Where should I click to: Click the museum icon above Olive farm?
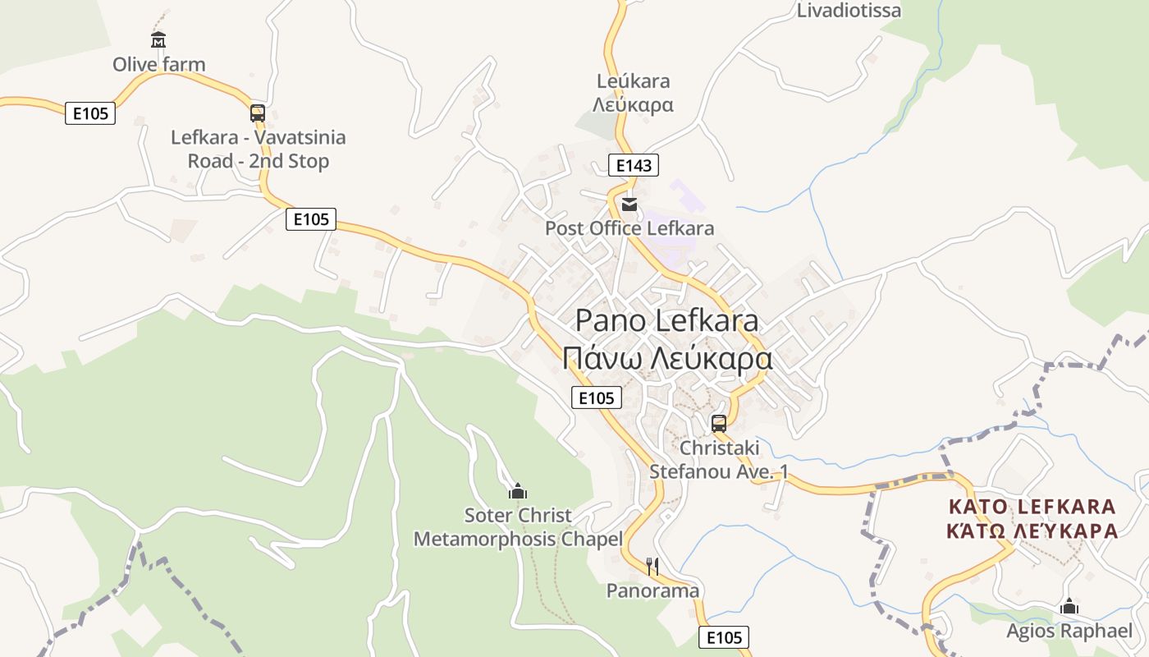(x=158, y=39)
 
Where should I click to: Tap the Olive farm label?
(x=159, y=64)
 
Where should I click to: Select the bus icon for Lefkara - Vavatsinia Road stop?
(x=258, y=113)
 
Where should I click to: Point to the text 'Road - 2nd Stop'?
(x=258, y=161)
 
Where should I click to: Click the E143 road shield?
(x=634, y=165)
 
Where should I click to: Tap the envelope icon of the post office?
(x=629, y=204)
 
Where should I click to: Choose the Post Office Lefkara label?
(x=629, y=228)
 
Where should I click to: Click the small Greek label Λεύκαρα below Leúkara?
(x=633, y=105)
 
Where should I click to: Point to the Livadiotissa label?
(x=849, y=11)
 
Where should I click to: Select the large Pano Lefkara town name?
(x=666, y=320)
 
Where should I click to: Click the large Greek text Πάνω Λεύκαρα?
(x=667, y=359)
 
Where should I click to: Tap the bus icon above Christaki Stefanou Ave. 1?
(x=719, y=424)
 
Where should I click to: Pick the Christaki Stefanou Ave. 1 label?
(x=719, y=460)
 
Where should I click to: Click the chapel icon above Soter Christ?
(x=518, y=491)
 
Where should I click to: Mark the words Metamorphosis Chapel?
(x=518, y=540)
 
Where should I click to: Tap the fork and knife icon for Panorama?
(x=652, y=566)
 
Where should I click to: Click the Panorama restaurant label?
(x=652, y=590)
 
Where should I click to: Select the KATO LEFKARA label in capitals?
(x=1032, y=507)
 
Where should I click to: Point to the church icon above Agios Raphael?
(x=1069, y=606)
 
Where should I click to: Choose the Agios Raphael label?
(x=1069, y=631)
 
